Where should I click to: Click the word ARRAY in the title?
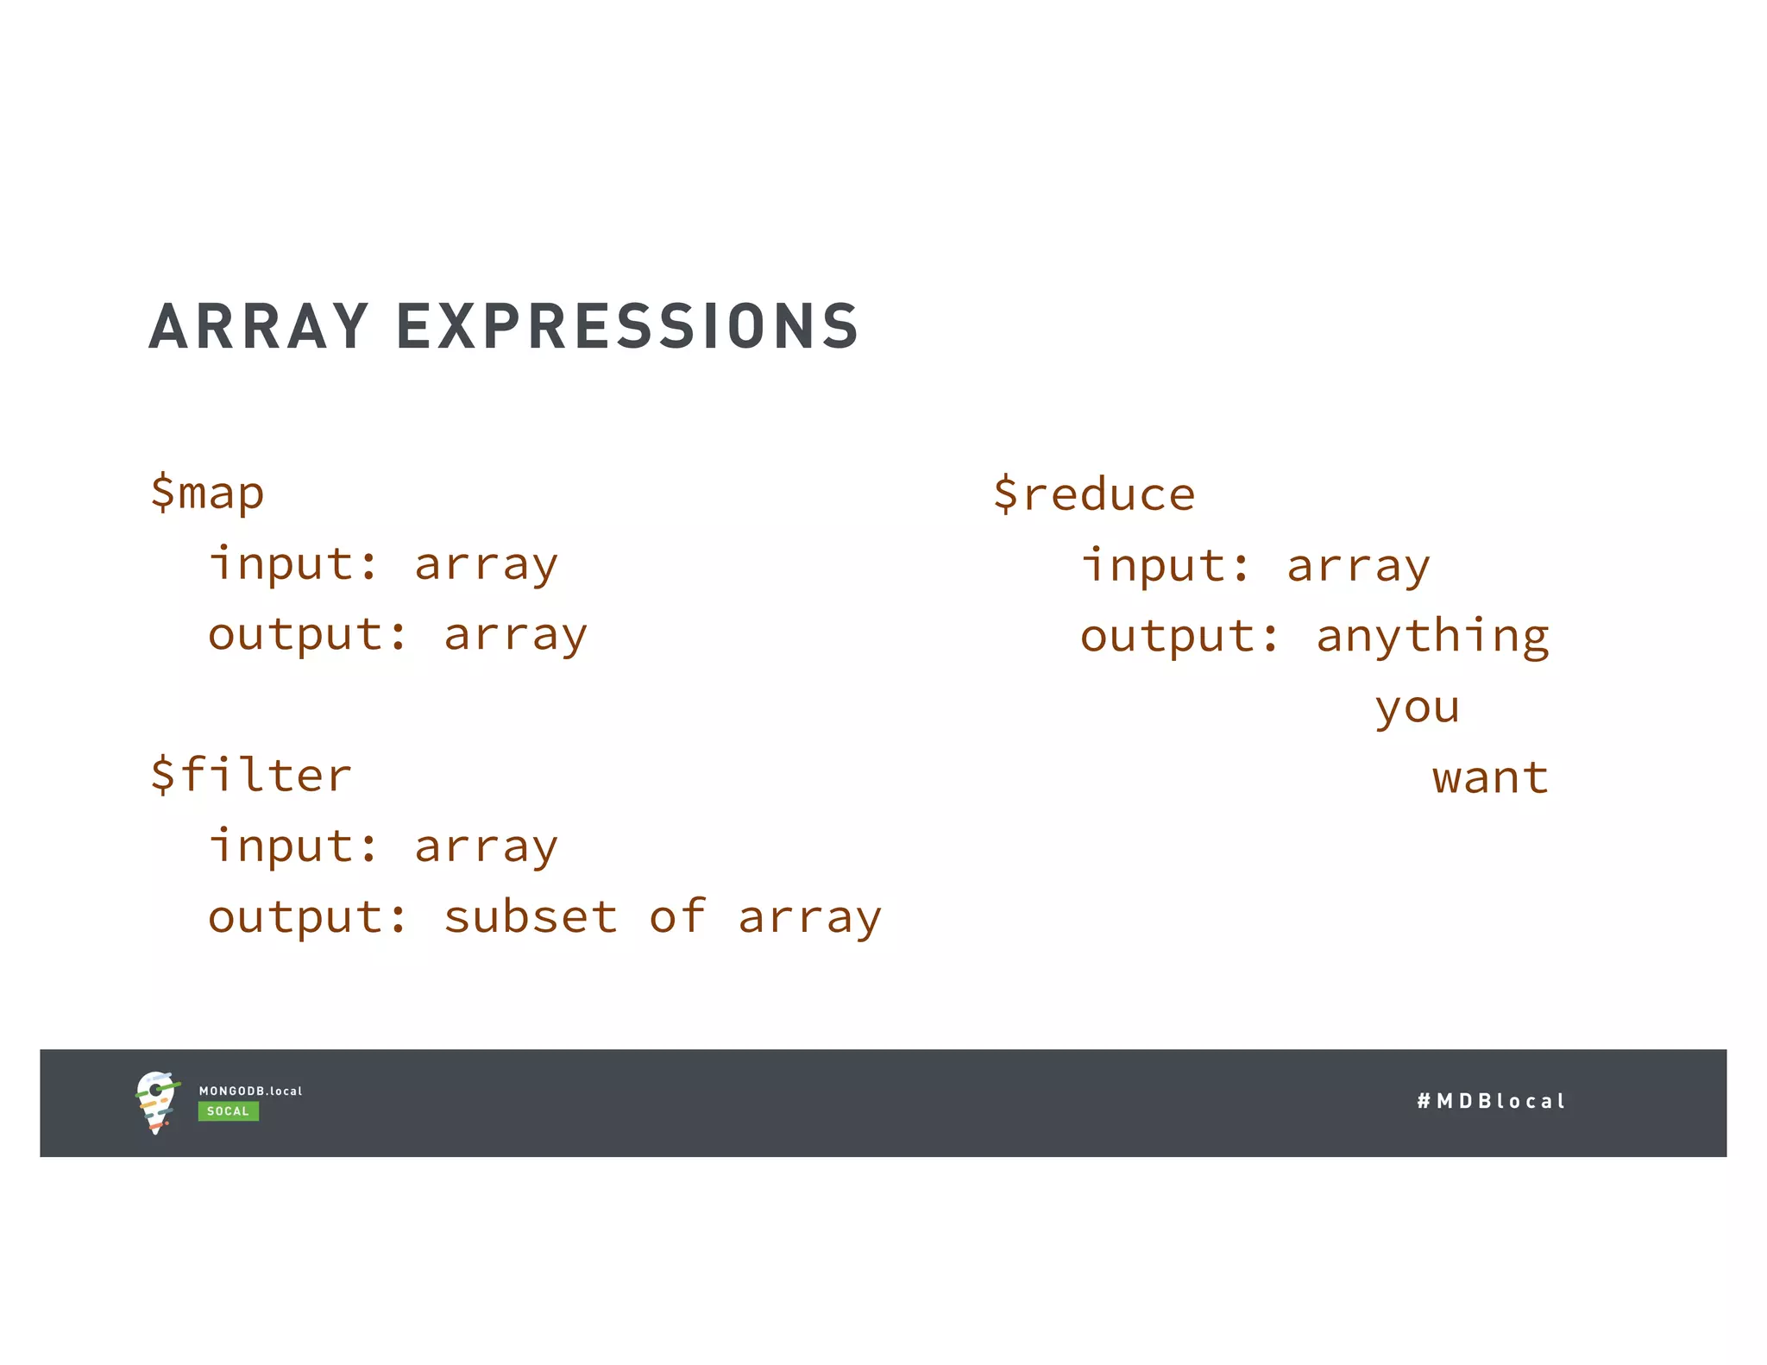[x=259, y=327]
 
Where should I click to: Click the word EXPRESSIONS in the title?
[x=627, y=327]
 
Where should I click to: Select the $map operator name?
[x=207, y=494]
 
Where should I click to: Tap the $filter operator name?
[x=251, y=774]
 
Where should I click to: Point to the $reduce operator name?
[x=1094, y=494]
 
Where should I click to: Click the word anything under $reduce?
[x=1432, y=638]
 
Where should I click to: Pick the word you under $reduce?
[x=1418, y=708]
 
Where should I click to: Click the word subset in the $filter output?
[x=531, y=916]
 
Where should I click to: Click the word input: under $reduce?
[x=1166, y=566]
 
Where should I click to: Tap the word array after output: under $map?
[x=515, y=636]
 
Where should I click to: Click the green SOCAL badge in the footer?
[x=228, y=1111]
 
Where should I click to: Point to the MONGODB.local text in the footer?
[x=250, y=1091]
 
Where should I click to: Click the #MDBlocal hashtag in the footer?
[x=1490, y=1101]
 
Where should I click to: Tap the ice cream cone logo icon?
[x=156, y=1102]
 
